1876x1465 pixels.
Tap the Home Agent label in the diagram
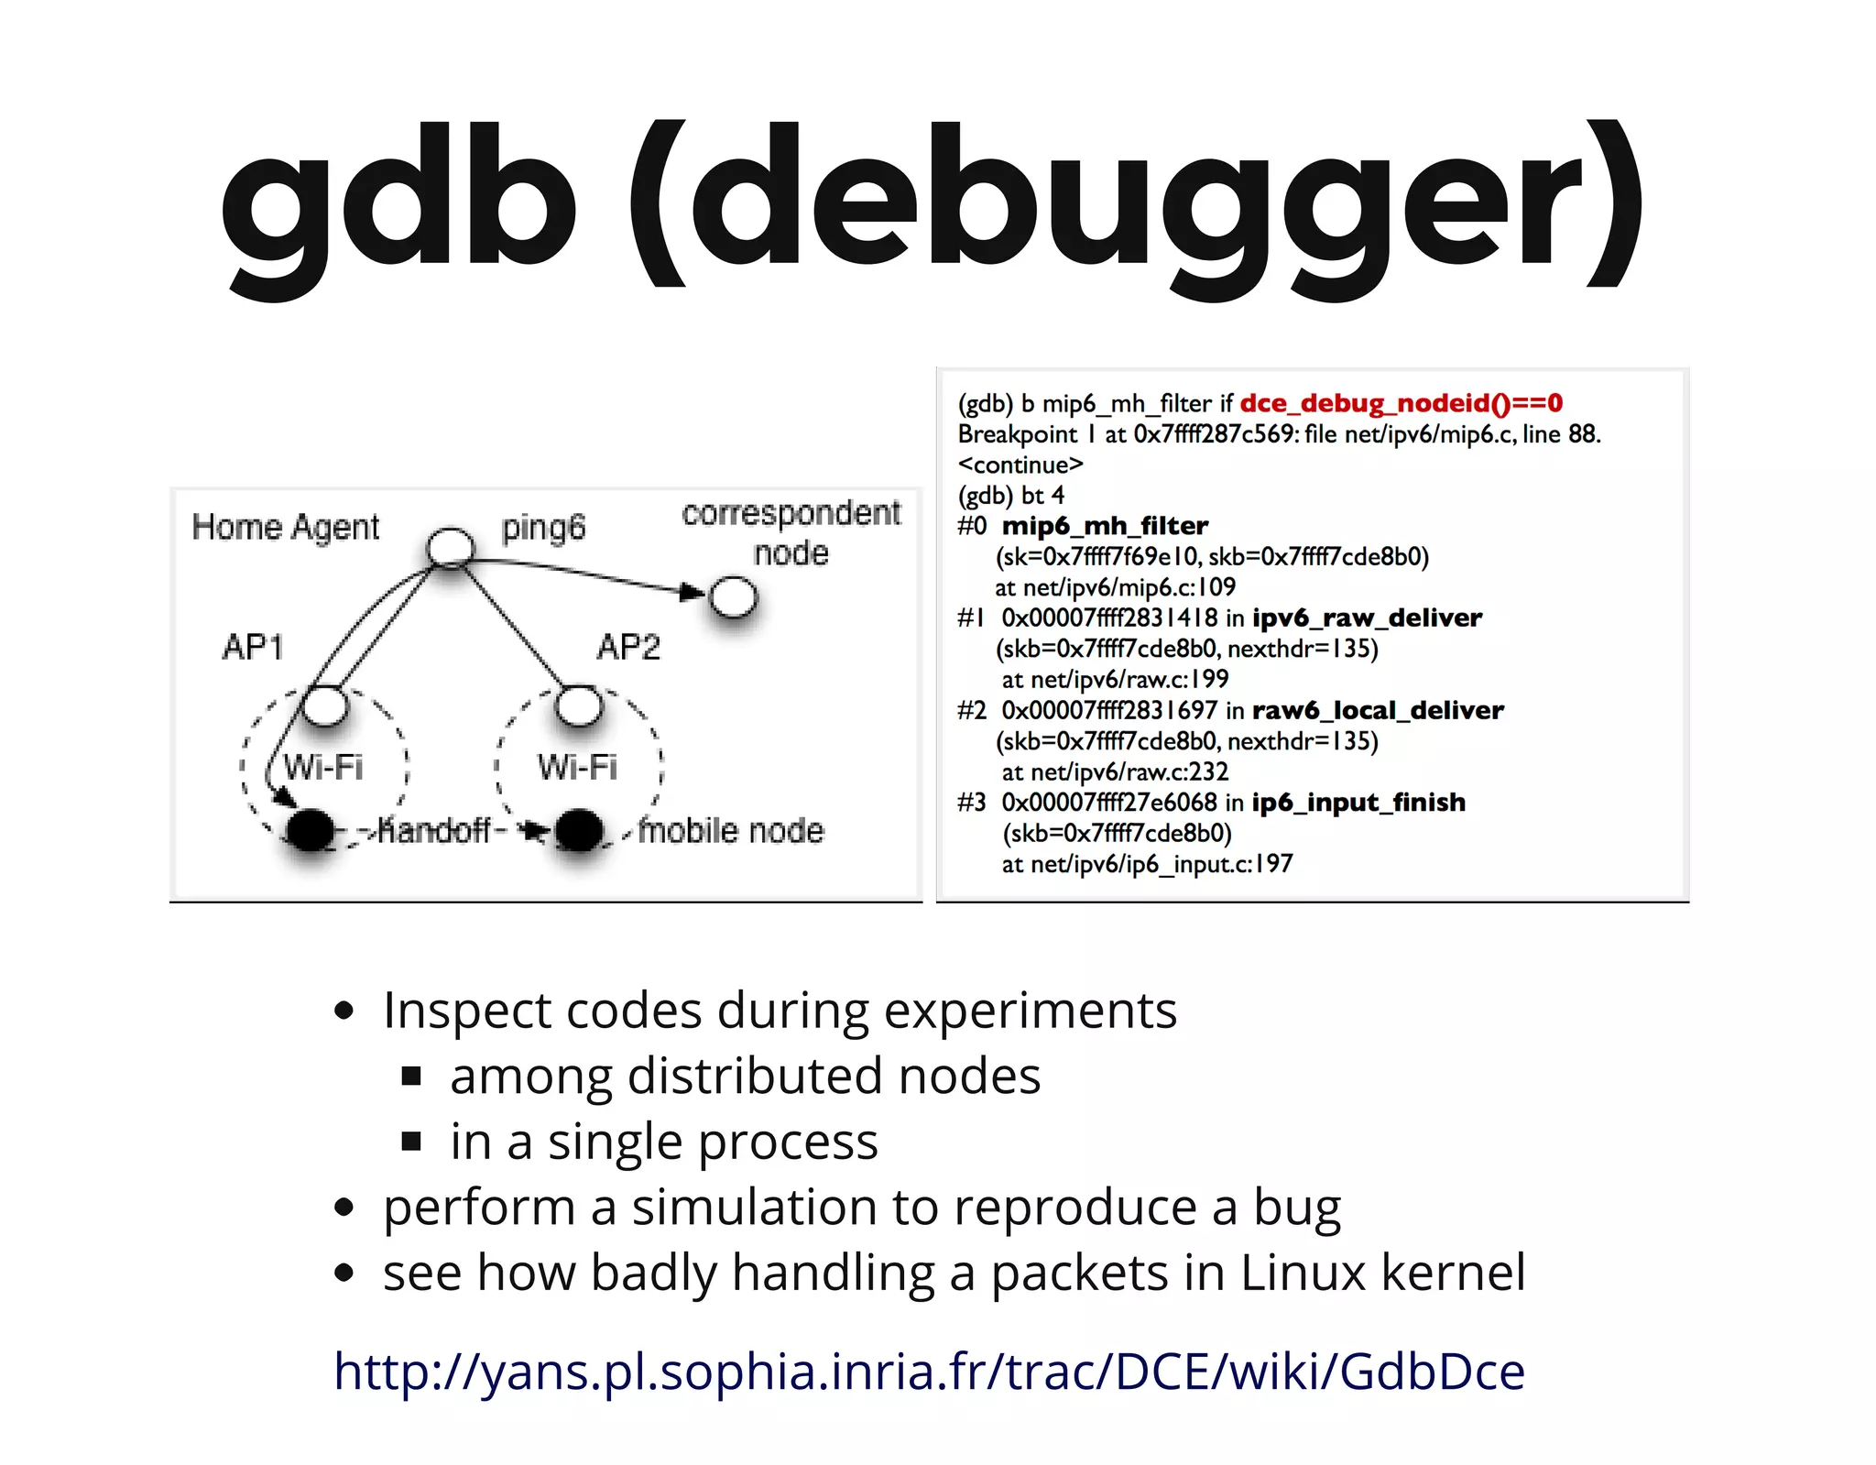point(285,528)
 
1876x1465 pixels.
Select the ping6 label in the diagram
point(543,528)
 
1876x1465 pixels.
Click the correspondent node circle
point(734,597)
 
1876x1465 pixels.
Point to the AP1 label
point(253,647)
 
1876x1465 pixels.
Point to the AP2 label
point(628,647)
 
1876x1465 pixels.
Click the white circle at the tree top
point(451,548)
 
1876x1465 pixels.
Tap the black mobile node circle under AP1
point(311,830)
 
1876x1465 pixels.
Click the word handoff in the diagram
point(435,830)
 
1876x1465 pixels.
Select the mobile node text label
point(732,830)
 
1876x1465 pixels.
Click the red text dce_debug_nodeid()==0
point(1401,403)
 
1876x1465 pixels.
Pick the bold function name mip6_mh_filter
point(1105,526)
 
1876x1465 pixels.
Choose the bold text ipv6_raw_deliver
point(1367,618)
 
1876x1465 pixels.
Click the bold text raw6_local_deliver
point(1378,710)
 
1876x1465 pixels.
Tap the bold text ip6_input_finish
point(1358,803)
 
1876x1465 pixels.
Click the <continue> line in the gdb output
point(1020,465)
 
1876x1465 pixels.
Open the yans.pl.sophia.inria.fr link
point(929,1372)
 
